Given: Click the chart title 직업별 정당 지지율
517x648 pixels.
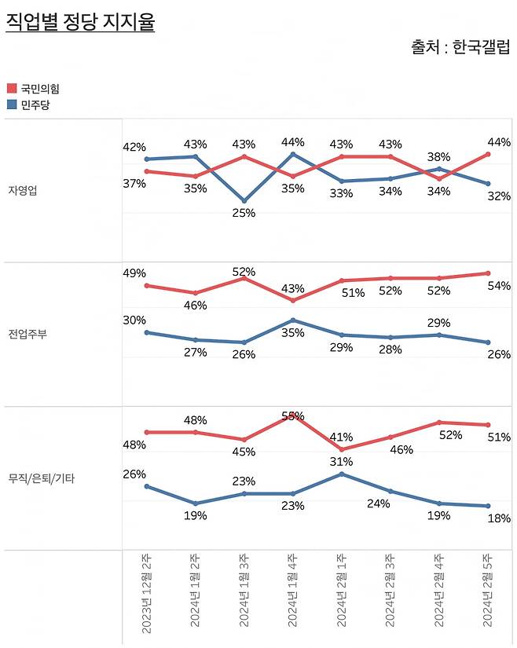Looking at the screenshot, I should [80, 21].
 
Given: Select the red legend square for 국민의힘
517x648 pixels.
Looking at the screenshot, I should [12, 89].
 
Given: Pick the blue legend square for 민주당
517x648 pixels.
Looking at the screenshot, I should [12, 104].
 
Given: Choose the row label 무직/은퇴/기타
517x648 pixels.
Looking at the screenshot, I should [41, 478].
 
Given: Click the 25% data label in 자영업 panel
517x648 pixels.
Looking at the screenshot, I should [244, 213].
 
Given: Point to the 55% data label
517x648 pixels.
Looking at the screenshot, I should [293, 416].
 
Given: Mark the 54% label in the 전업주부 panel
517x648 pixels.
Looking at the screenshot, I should [500, 286].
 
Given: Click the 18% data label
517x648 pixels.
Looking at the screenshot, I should [500, 518].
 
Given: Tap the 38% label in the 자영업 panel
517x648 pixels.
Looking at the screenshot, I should [439, 156].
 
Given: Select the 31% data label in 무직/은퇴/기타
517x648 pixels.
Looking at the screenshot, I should [342, 461].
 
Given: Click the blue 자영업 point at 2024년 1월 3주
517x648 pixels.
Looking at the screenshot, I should [244, 201].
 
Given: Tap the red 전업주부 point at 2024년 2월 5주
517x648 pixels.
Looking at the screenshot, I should [488, 273].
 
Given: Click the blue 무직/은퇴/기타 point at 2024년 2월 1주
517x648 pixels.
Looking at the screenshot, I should [342, 474].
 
